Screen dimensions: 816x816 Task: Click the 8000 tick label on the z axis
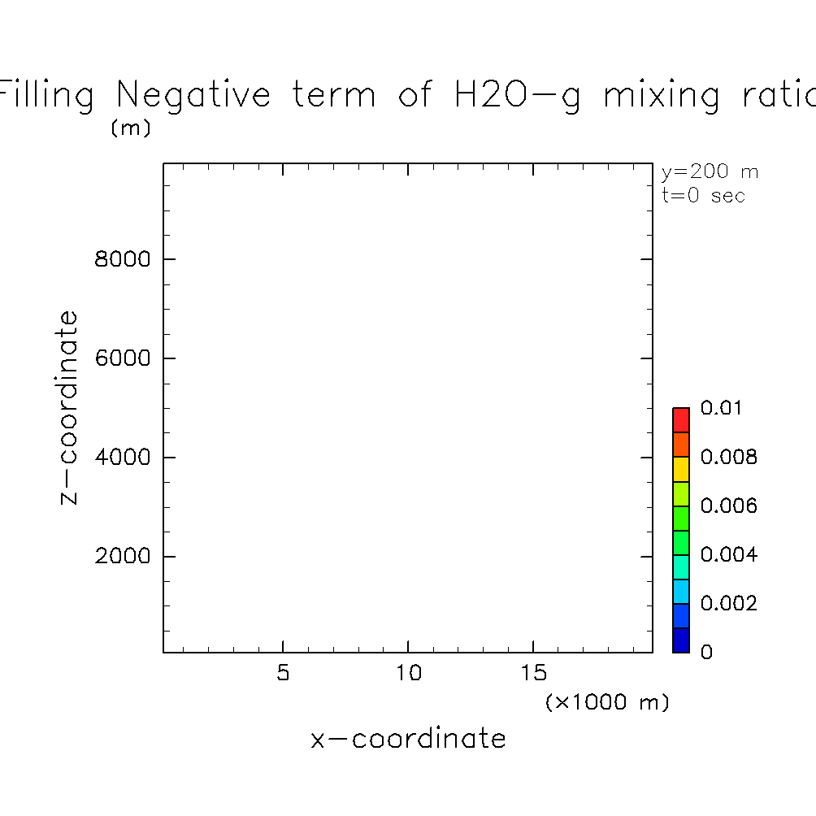124,260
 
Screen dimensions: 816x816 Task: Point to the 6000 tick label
124,358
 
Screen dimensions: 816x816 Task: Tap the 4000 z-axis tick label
124,458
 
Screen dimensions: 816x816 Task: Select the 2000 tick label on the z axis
124,557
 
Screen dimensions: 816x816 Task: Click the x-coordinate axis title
408,739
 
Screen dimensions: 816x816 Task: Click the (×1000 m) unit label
607,702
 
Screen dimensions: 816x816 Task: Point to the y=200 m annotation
710,172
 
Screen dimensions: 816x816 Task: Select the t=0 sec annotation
703,196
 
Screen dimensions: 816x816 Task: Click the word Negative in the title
193,95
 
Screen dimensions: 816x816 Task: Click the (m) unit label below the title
130,128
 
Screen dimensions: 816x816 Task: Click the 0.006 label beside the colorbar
728,506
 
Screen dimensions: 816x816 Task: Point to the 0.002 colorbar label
728,604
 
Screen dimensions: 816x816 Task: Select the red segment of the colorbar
681,420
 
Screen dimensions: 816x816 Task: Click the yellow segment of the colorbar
681,469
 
